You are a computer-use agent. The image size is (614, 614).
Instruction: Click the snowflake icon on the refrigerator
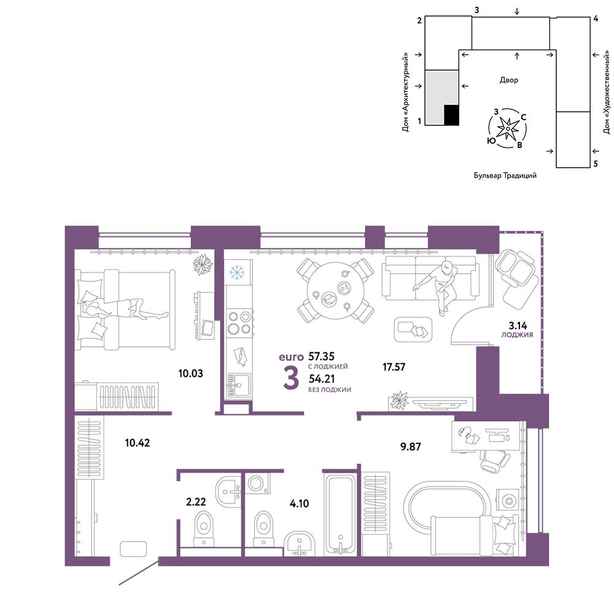coord(237,273)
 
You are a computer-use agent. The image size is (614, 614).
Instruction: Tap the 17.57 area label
coord(394,367)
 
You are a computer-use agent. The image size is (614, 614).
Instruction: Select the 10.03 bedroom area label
coord(191,373)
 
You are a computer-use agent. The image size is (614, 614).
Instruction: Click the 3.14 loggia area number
coord(518,325)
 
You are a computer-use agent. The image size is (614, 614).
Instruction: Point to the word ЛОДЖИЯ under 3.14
coord(517,335)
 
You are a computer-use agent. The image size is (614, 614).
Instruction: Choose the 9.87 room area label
coord(410,446)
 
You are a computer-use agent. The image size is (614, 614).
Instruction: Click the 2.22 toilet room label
coord(196,502)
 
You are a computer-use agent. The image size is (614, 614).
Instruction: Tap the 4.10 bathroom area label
coord(299,503)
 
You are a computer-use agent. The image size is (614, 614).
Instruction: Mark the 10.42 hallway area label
coord(138,443)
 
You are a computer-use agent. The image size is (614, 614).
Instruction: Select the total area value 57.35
coord(322,356)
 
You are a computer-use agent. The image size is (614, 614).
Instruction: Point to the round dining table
coord(335,292)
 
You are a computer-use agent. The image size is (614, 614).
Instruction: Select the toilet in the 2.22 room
coord(204,529)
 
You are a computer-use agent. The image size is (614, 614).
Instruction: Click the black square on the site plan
coord(451,115)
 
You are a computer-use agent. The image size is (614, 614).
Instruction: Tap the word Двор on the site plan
coord(508,80)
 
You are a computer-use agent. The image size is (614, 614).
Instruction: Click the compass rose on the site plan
coord(508,128)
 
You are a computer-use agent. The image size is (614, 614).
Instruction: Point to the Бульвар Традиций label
coord(505,176)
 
